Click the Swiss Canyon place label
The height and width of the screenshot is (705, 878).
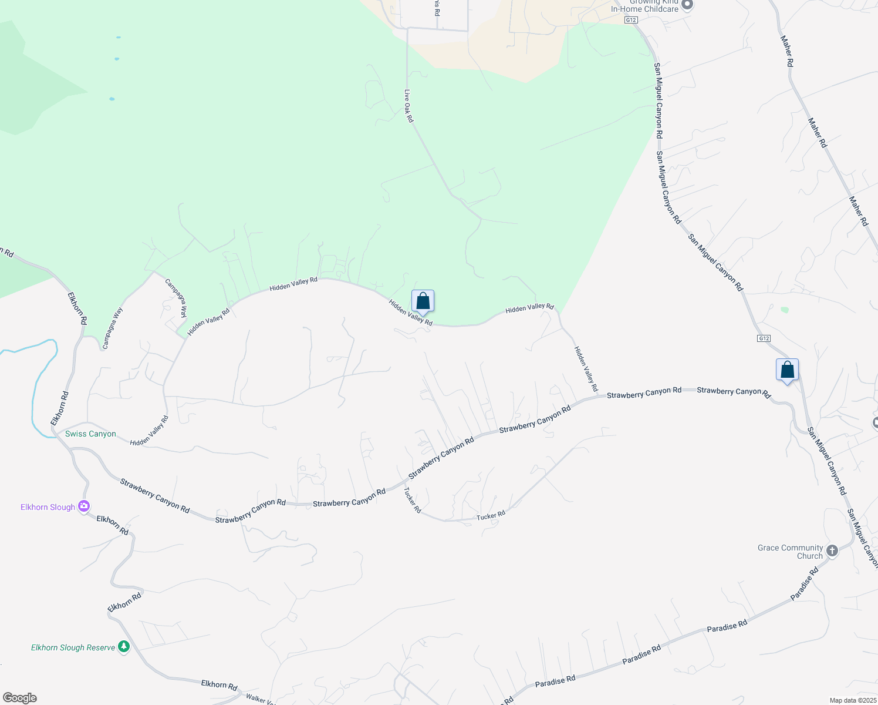point(90,434)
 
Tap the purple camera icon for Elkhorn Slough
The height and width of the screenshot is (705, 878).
point(84,506)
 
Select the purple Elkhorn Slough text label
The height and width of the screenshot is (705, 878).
point(48,507)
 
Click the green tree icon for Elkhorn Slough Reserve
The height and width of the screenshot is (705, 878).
point(123,647)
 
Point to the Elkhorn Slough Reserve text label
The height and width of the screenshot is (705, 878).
point(73,647)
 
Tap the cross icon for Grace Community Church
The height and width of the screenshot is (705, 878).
point(832,550)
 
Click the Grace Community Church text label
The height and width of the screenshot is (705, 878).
point(790,552)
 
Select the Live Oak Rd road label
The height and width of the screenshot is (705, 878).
point(409,106)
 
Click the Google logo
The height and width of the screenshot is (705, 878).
point(19,698)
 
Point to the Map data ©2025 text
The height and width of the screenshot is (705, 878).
point(852,700)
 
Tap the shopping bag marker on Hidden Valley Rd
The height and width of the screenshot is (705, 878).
point(423,302)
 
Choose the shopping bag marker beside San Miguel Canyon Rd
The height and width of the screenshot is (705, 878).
point(787,370)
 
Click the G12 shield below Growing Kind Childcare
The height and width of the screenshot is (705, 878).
point(631,20)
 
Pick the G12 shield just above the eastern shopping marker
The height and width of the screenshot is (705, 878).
point(763,338)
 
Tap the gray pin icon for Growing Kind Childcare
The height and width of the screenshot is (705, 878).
point(687,5)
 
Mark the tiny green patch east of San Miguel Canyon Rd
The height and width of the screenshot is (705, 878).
point(785,310)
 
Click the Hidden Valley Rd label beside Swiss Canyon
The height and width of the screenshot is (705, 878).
point(149,431)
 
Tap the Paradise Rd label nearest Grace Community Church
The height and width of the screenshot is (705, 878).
point(805,583)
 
